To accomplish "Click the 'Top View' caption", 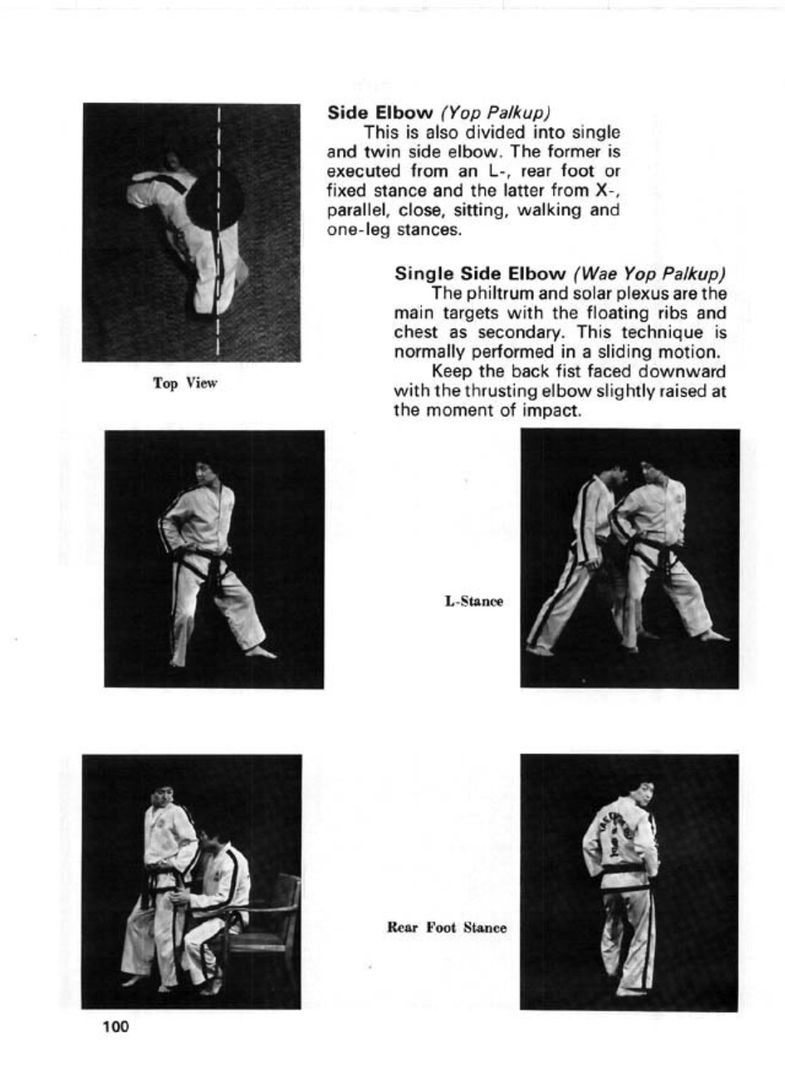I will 185,383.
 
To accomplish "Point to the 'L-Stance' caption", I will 474,601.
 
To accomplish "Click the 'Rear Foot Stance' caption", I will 446,927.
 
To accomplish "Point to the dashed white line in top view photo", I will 220,280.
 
